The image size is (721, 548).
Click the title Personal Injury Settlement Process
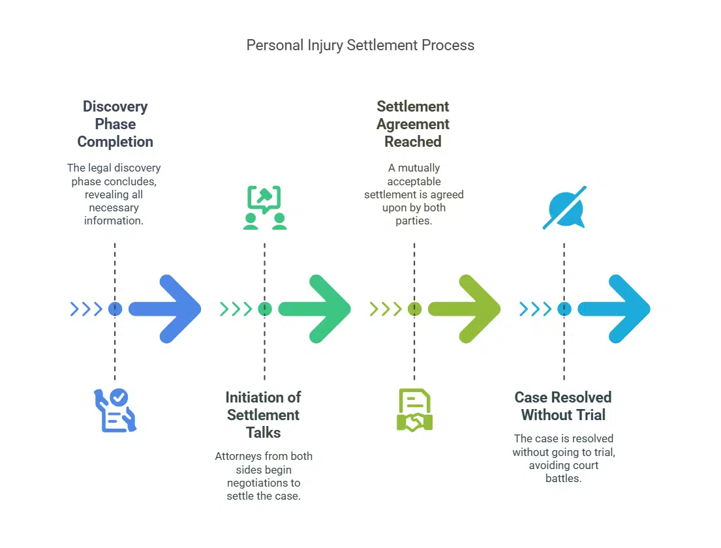click(x=360, y=46)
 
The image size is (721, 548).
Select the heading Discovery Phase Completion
click(x=115, y=124)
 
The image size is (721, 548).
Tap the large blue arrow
click(x=167, y=309)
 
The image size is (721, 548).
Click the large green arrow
click(x=316, y=309)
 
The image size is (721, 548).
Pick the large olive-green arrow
click(x=466, y=309)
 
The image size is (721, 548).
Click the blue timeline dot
click(x=115, y=309)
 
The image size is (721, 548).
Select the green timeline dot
click(x=264, y=309)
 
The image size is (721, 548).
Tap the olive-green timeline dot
click(x=414, y=309)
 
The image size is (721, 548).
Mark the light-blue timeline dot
click(x=564, y=309)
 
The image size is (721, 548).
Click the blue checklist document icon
click(x=115, y=410)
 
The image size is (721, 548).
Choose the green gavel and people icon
click(x=264, y=207)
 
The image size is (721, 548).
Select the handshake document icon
click(x=414, y=410)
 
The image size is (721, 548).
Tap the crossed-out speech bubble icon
click(x=564, y=207)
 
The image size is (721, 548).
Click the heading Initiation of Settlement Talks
click(x=263, y=415)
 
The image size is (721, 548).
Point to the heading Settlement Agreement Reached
click(x=413, y=124)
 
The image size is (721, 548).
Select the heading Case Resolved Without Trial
click(x=563, y=406)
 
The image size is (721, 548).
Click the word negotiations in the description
click(x=264, y=483)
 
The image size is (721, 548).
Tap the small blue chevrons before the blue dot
click(x=86, y=309)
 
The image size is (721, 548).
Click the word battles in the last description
click(x=563, y=478)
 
